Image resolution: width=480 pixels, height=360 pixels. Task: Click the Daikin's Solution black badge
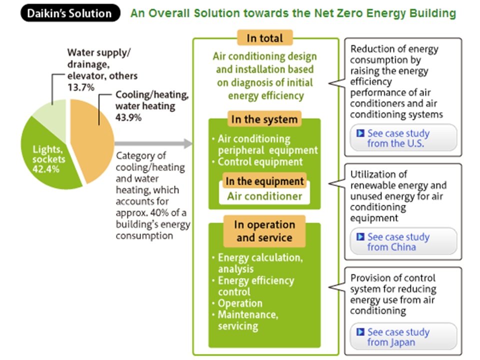point(70,13)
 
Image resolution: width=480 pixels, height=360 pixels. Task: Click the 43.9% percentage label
point(128,117)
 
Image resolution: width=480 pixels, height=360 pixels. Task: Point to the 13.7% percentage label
point(81,87)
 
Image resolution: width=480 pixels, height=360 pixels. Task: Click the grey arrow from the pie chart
point(153,143)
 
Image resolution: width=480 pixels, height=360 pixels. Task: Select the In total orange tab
point(265,38)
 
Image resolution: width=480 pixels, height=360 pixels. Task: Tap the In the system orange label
point(264,119)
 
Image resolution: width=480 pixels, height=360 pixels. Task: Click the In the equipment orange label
point(264,181)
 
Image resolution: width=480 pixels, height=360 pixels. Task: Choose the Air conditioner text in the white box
point(264,196)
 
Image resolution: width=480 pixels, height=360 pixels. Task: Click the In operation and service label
point(264,231)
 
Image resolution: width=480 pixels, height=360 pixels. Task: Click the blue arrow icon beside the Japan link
point(360,332)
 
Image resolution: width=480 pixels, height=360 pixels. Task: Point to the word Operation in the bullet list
point(240,303)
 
